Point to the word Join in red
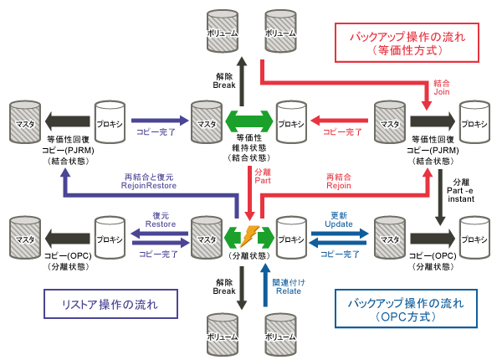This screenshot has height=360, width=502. pos(442,94)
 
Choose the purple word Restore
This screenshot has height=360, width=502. pos(160,224)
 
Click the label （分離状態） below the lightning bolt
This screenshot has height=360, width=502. pos(251,255)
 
